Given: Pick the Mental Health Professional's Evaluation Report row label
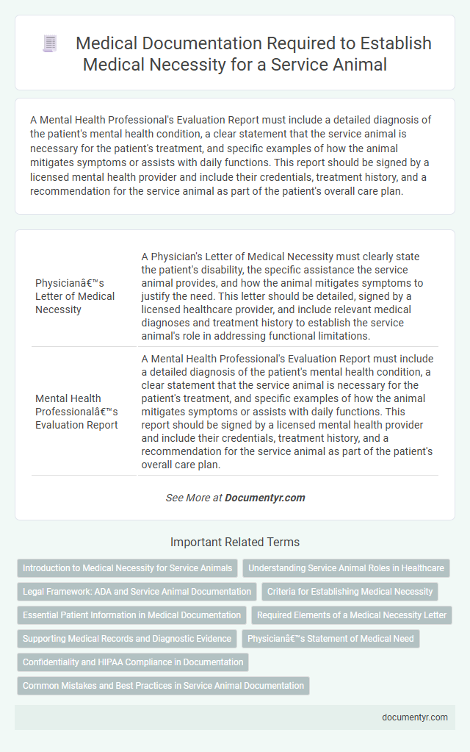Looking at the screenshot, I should (x=76, y=412).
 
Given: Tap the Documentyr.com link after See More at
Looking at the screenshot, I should (x=264, y=498).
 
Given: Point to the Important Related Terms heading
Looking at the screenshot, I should (x=235, y=542).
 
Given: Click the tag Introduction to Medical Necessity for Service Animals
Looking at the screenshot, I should (x=127, y=568).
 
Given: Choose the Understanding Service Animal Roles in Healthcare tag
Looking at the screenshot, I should (x=345, y=568).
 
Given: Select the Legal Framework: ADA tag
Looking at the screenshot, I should (x=137, y=591).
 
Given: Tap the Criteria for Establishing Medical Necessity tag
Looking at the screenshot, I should (x=349, y=591).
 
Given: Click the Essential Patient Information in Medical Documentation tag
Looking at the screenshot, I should (x=131, y=615).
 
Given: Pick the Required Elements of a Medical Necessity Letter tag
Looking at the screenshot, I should (x=352, y=615).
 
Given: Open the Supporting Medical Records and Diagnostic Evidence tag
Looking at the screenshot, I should (x=126, y=639).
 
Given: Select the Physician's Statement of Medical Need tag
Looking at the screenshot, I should (x=330, y=639).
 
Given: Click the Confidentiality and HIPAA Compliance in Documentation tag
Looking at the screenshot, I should (x=133, y=662).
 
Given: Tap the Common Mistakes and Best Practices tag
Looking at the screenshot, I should (x=163, y=686).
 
